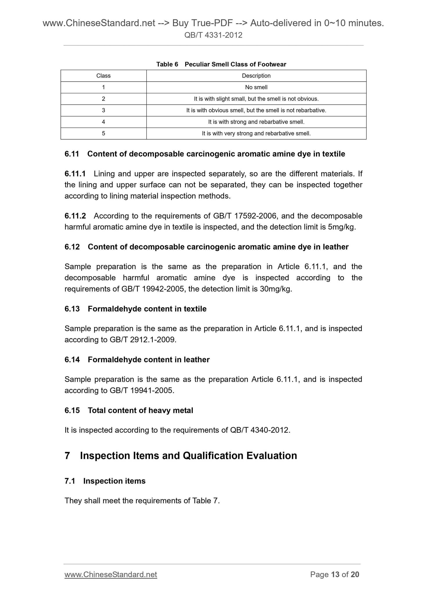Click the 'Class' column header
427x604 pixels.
(103, 76)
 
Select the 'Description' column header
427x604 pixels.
(256, 76)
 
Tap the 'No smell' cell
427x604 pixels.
(256, 87)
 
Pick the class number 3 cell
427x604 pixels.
(103, 111)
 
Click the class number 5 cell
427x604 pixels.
(103, 133)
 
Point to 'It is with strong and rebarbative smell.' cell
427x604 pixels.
(256, 122)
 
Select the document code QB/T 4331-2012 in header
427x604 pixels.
(213, 35)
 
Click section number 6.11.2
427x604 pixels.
(75, 216)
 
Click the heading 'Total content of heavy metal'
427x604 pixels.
(140, 410)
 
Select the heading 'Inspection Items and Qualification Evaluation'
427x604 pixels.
(188, 456)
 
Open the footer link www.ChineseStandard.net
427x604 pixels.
(111, 575)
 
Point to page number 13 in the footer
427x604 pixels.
(335, 575)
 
